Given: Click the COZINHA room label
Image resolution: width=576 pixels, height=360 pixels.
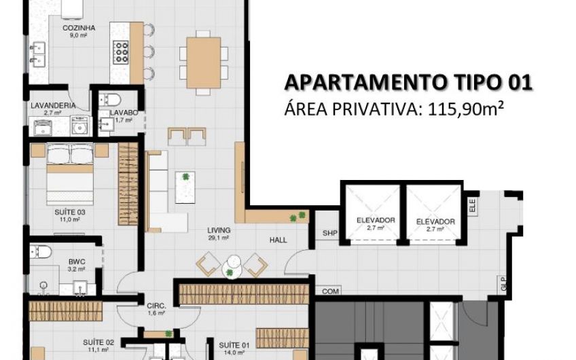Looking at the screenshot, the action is pos(79,28).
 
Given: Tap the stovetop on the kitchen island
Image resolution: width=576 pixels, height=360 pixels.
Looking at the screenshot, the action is pos(120,52).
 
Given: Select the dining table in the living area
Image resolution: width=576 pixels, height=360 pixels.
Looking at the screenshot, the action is pos(204,62).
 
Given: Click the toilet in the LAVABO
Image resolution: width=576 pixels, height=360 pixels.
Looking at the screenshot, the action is pos(110,100).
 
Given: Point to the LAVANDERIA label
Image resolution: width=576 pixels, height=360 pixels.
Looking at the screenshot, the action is pos(53,105).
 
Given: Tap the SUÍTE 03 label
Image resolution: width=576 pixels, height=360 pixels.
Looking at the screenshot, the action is pos(70,212).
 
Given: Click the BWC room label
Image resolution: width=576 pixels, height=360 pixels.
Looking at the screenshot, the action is pos(77,262).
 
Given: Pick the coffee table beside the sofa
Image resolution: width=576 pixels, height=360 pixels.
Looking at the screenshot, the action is pos(185,187).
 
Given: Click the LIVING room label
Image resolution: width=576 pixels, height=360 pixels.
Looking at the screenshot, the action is pos(219,230).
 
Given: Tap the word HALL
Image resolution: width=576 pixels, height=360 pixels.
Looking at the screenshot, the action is pos(278,240).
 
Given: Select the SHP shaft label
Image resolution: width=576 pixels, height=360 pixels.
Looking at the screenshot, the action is pos(330,233).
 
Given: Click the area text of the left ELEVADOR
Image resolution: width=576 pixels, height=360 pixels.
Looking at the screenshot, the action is pos(376,228).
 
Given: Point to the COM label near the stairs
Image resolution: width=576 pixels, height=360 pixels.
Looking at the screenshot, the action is pos(330,291).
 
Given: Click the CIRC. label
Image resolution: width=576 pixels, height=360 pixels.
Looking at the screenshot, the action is pos(156,306).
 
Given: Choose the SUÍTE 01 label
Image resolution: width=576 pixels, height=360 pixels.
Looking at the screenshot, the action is pos(234,345).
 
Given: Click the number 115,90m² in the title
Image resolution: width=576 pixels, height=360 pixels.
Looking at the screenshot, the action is pos(465,109).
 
